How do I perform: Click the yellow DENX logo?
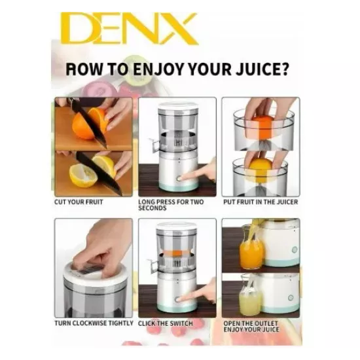[x=129, y=28]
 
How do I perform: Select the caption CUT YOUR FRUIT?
[x=79, y=202]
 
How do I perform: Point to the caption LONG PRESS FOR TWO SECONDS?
[x=171, y=205]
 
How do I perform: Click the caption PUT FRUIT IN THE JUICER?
[x=261, y=202]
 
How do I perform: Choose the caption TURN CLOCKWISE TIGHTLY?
[x=94, y=323]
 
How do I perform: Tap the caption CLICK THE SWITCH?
[x=166, y=323]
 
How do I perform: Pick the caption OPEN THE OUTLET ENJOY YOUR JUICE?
[x=251, y=326]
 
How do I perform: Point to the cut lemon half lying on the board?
[x=82, y=175]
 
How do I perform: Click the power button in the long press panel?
[x=179, y=179]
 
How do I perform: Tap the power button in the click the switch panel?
[x=177, y=299]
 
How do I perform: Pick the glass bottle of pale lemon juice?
[x=250, y=296]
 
